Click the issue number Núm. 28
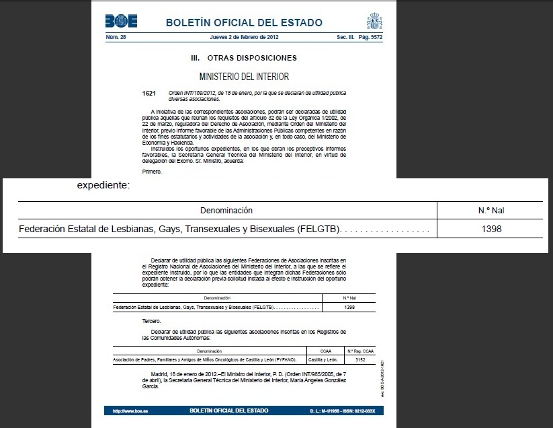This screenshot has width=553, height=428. click(x=116, y=36)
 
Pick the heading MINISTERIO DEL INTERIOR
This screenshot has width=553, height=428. click(x=245, y=77)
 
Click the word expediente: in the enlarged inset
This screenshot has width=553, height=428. click(x=102, y=185)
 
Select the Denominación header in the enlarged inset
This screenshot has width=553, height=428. click(x=226, y=210)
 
